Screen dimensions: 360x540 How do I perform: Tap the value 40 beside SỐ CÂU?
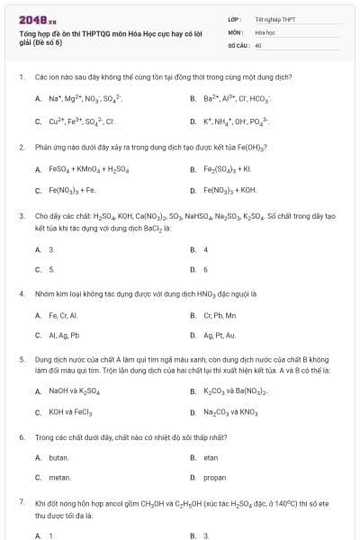(x=258, y=44)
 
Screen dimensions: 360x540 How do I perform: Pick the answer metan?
(x=59, y=478)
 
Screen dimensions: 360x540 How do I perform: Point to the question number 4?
(x=21, y=293)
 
